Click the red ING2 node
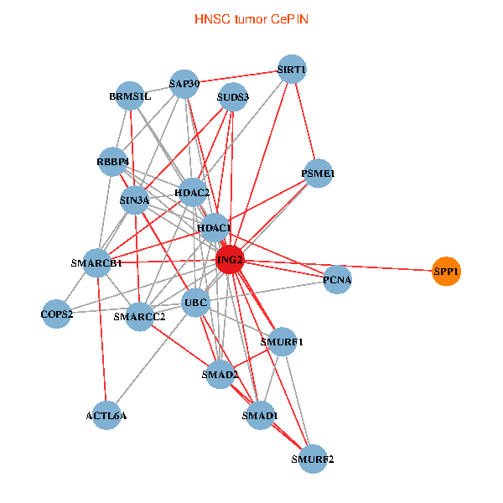click(230, 260)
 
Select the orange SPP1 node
click(446, 271)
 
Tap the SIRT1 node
click(291, 70)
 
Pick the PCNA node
click(337, 279)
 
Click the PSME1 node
click(318, 174)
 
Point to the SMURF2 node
click(313, 459)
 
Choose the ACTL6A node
click(106, 415)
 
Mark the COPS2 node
click(56, 314)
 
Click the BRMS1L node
click(130, 96)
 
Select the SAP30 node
click(184, 84)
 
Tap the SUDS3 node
click(232, 97)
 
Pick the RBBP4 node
click(113, 162)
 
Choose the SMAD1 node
click(259, 415)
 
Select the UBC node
click(196, 302)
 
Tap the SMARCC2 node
click(141, 316)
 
